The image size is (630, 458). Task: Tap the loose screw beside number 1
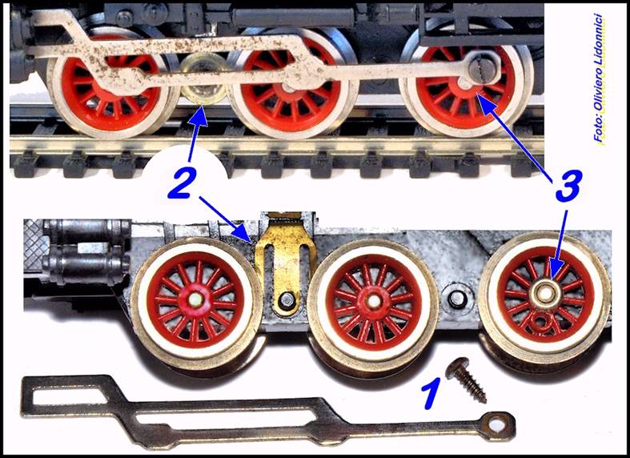tap(466, 380)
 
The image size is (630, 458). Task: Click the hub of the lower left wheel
tap(196, 299)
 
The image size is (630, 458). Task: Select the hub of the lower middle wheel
tap(374, 300)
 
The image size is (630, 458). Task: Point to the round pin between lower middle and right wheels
tap(456, 298)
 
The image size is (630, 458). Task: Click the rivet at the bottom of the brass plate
tap(287, 299)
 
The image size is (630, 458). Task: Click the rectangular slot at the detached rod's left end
tap(69, 396)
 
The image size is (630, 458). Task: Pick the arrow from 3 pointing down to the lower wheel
tap(560, 244)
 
